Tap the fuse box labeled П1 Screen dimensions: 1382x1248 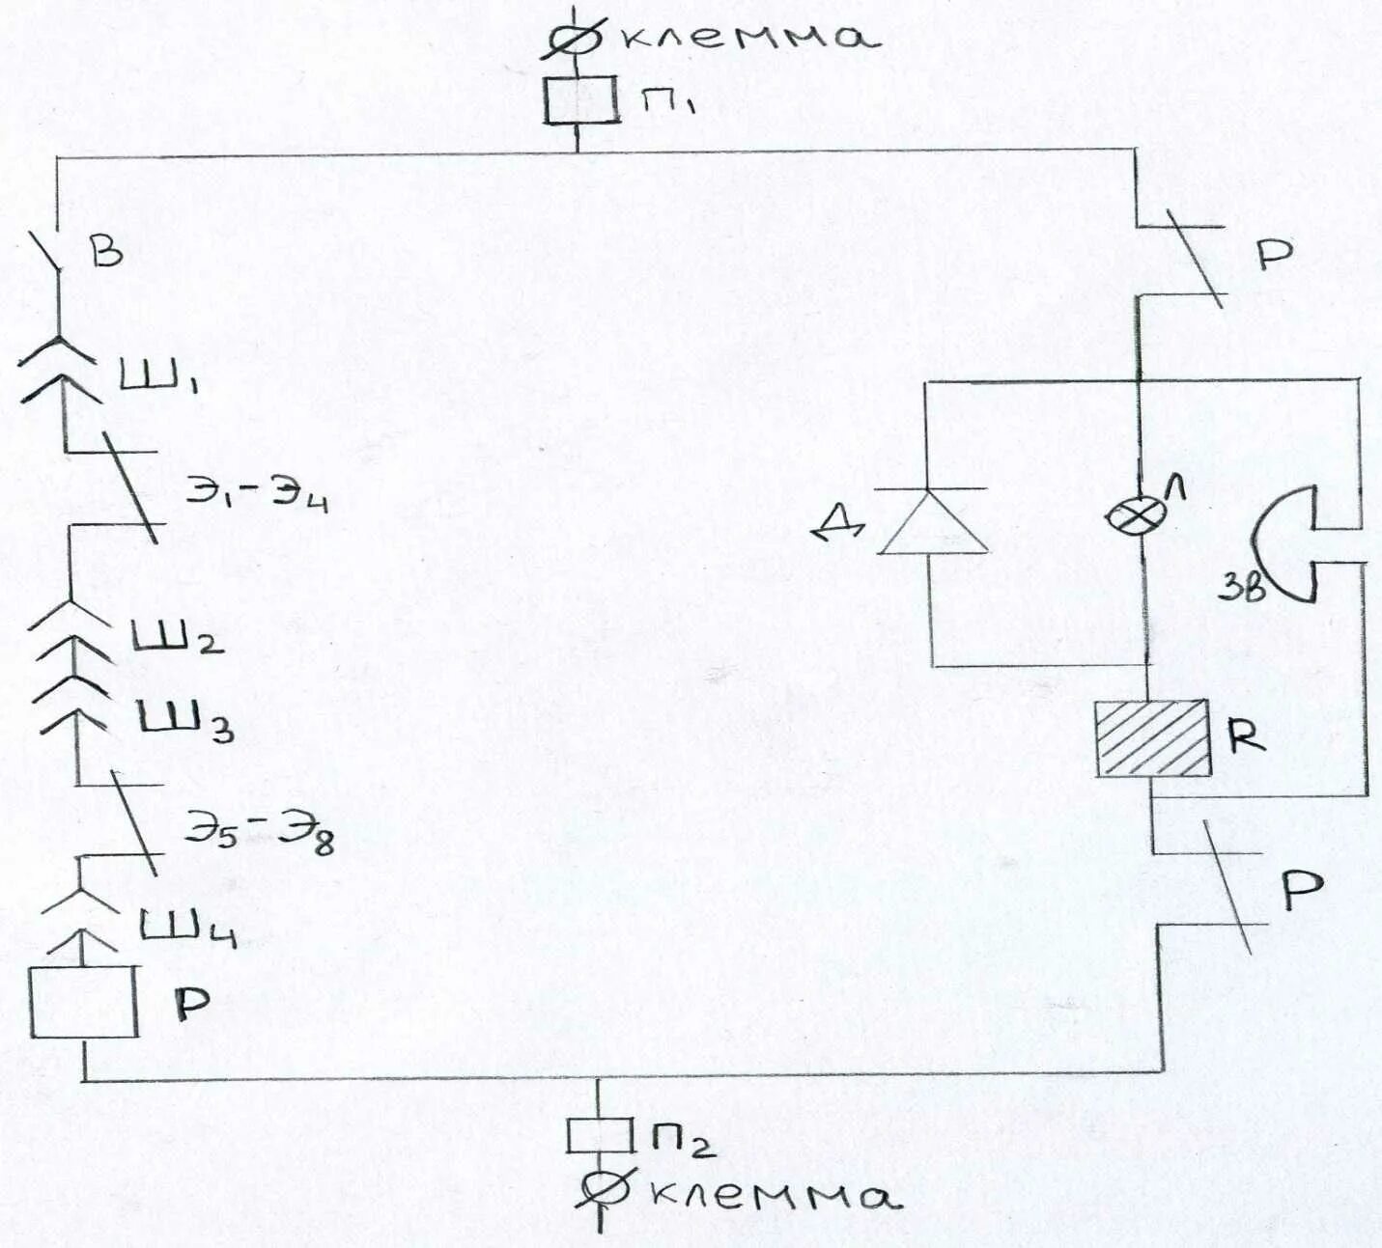click(x=579, y=100)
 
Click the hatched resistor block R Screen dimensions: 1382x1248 click(x=1152, y=738)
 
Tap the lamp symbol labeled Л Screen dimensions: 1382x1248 click(x=1126, y=516)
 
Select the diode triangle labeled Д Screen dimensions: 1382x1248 click(x=933, y=523)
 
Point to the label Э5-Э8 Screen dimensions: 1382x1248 click(x=259, y=830)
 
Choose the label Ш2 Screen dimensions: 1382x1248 click(x=177, y=637)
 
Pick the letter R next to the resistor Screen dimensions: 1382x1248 click(x=1246, y=735)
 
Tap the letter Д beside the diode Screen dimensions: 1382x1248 click(x=838, y=526)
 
